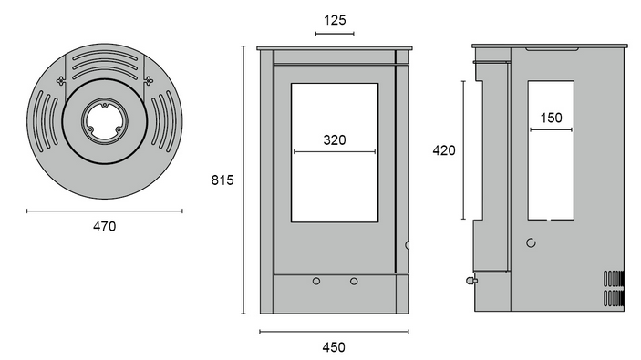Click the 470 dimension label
[104, 226]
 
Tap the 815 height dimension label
[222, 180]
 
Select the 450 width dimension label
[334, 347]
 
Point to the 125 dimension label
[335, 20]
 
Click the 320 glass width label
[335, 140]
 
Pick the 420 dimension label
[444, 150]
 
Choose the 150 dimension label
[551, 118]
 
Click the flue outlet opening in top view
[105, 121]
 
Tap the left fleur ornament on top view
[61, 80]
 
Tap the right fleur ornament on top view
[148, 80]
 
